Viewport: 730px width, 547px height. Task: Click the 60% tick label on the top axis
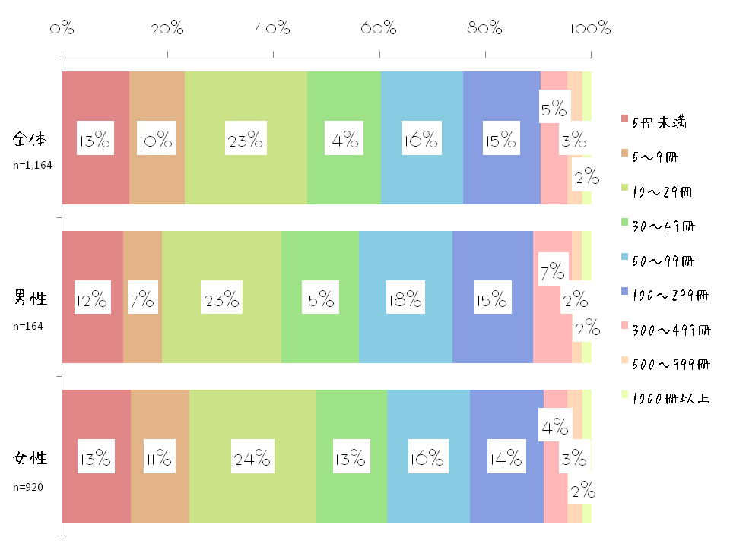click(379, 30)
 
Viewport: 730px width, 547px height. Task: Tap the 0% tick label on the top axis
click(62, 30)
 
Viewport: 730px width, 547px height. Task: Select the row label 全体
click(30, 140)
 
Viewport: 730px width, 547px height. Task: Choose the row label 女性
click(30, 458)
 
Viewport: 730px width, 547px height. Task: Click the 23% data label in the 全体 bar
click(245, 140)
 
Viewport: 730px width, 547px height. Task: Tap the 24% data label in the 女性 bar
click(252, 458)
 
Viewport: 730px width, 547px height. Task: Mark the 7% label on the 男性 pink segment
click(553, 271)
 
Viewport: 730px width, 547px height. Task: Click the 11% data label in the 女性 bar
click(160, 458)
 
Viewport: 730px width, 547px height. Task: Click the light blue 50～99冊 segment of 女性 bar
click(427, 494)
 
